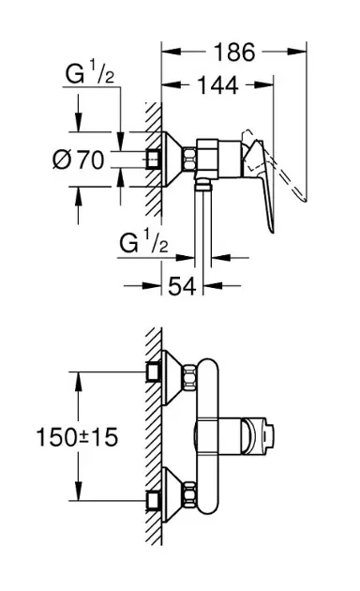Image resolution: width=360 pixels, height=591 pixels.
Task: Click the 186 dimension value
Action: pyautogui.click(x=234, y=52)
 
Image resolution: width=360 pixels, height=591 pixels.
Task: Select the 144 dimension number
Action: pyautogui.click(x=217, y=85)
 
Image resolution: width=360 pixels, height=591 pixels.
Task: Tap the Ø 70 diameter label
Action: pyautogui.click(x=78, y=159)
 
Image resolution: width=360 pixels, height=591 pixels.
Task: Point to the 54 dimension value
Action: pyautogui.click(x=182, y=286)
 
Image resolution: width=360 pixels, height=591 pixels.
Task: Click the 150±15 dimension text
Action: pyautogui.click(x=77, y=437)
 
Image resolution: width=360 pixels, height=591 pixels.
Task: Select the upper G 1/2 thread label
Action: pyautogui.click(x=89, y=74)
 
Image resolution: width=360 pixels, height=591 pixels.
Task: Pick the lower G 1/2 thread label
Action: pyautogui.click(x=143, y=244)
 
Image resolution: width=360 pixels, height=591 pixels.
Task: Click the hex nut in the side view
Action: pyautogui.click(x=189, y=159)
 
